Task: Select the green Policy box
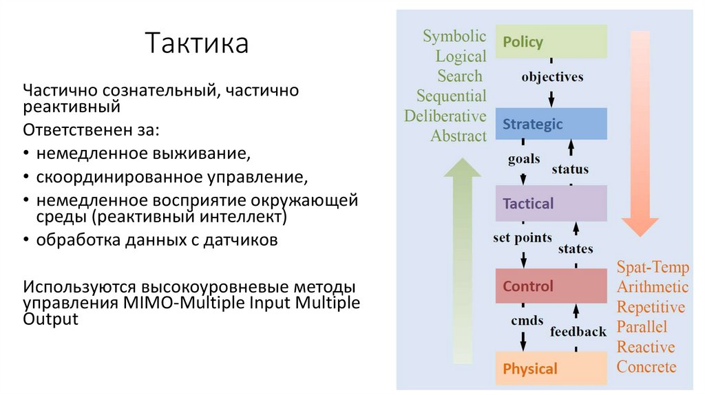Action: click(551, 42)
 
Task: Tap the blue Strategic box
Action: click(551, 125)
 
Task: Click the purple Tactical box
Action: click(551, 204)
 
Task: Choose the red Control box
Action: click(551, 286)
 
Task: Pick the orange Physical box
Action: click(551, 369)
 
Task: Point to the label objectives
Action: click(552, 77)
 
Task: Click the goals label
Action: click(523, 160)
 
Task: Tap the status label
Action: click(570, 169)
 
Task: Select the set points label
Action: click(523, 238)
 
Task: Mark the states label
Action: click(575, 248)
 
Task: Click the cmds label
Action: click(527, 320)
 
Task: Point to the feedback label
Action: click(578, 332)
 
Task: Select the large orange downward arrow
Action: click(640, 138)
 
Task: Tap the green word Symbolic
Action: click(454, 36)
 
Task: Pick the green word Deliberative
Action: click(445, 116)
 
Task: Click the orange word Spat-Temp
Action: click(652, 267)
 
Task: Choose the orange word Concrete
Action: click(646, 367)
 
